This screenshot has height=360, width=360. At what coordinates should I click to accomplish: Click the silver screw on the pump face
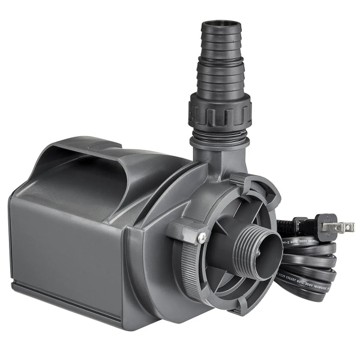coord(202,238)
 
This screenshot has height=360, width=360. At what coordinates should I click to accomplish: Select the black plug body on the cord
coord(318,226)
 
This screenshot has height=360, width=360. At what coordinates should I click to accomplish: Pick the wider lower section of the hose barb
coord(220,81)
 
